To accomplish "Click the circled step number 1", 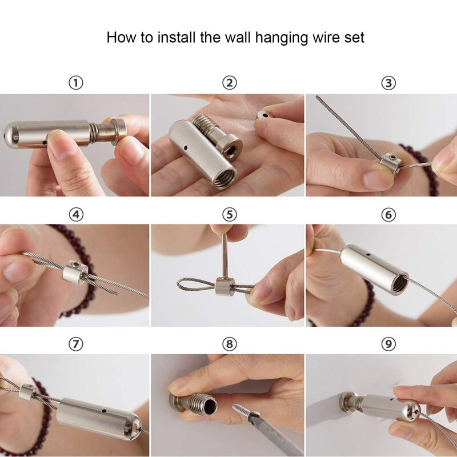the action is coord(76,83).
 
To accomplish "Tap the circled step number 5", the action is coord(230,215).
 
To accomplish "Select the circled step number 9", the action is coord(388,344).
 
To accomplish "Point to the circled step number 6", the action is coord(388,215).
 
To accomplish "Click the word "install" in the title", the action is coord(177,37).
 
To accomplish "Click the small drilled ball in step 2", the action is coord(263,114).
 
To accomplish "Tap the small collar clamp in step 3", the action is coord(391,163).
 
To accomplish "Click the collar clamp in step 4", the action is coord(75,272).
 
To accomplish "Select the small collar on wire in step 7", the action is coord(27,392).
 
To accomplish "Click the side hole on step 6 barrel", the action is coord(368,254).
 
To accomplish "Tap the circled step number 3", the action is coord(388,83).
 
